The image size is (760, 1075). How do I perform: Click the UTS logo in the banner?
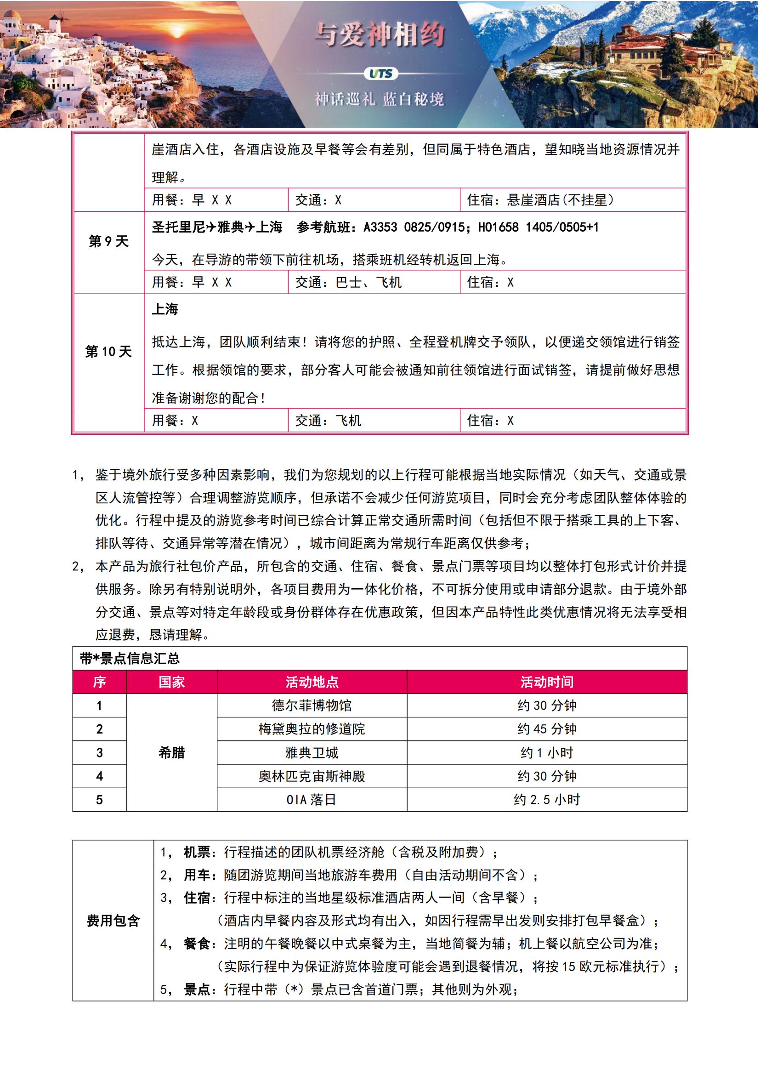(380, 74)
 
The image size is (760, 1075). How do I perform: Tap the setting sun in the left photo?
(176, 33)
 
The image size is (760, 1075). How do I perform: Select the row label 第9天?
(108, 241)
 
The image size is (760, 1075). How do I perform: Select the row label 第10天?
(108, 351)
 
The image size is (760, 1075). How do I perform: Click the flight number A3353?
(380, 227)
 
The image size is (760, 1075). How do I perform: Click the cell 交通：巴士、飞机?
(348, 282)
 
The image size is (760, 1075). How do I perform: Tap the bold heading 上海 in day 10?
(165, 309)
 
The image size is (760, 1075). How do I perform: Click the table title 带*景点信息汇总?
(130, 658)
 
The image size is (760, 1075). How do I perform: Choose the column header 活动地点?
(312, 682)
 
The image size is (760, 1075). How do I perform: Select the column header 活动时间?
(547, 682)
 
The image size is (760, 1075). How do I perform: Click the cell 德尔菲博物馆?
(312, 705)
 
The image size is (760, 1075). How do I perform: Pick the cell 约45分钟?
(547, 728)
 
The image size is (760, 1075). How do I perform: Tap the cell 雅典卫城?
(312, 752)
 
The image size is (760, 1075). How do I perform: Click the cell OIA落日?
(312, 799)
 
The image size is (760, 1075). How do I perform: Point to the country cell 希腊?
(172, 752)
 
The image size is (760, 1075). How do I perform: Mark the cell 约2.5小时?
(547, 799)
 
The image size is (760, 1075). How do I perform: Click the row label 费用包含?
(113, 921)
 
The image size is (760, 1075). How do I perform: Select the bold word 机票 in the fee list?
(197, 852)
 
